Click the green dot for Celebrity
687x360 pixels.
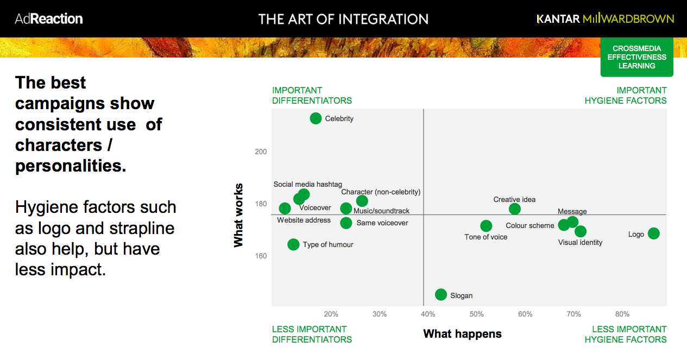316,118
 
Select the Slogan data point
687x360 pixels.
441,295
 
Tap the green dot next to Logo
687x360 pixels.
653,233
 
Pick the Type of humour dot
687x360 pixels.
293,244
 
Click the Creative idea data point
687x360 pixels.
515,209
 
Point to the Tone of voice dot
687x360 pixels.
486,226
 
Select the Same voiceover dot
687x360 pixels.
346,223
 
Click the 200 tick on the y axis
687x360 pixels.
261,151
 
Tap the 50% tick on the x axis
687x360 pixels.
476,314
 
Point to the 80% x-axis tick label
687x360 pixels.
622,314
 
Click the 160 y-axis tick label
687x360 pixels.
261,256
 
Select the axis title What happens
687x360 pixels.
462,333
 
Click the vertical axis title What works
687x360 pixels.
238,215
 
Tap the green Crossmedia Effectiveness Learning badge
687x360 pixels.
636,57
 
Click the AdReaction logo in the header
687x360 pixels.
49,18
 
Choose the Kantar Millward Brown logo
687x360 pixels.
605,18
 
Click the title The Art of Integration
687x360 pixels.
343,19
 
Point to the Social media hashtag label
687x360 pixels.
307,184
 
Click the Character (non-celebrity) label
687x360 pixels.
381,192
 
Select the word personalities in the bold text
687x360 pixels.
71,166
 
